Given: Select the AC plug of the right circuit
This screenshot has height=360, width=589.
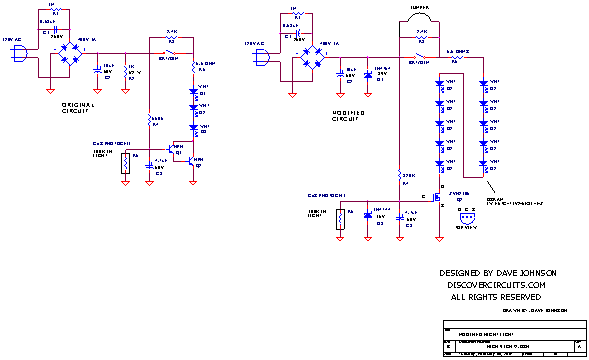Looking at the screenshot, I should [262, 57].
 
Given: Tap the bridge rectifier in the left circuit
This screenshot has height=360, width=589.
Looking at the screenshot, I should [71, 53].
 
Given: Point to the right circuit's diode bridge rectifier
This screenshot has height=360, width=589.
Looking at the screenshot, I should [313, 57].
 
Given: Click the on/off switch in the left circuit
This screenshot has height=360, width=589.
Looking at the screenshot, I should [170, 53].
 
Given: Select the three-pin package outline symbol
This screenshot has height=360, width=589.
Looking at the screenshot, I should [467, 218].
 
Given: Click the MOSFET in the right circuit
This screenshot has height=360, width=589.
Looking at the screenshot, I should [436, 198].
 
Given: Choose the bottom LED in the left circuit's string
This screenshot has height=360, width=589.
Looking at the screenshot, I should [193, 128].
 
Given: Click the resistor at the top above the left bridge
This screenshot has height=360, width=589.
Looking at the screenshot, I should [56, 9].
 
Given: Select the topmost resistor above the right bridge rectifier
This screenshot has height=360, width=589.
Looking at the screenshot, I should [297, 14].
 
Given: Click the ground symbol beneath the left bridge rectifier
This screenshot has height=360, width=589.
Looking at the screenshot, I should [50, 91].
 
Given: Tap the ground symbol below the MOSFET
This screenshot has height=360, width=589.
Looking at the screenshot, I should [439, 239].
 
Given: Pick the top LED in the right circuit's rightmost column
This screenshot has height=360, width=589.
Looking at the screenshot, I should [483, 84].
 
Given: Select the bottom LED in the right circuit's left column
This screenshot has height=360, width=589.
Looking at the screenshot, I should [439, 162].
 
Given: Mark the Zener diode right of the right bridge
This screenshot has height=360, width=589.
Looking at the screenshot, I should [341, 73].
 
